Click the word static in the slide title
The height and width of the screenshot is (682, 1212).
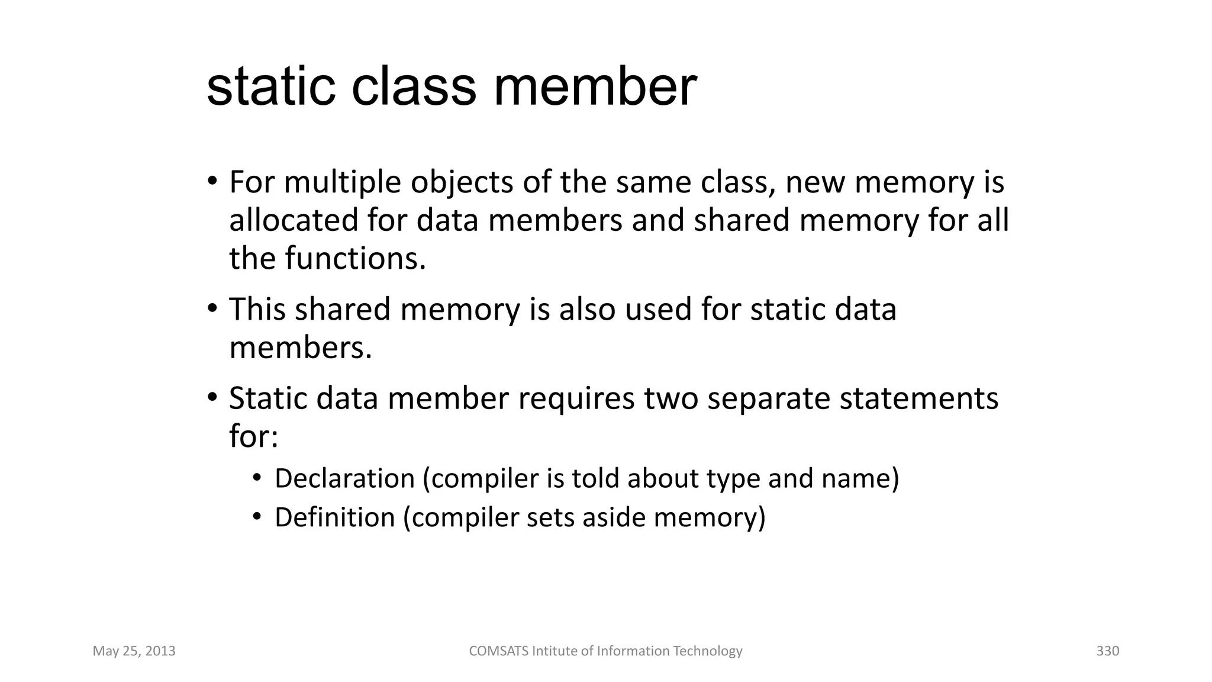[x=271, y=87]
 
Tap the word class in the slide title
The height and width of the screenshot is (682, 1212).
[x=414, y=87]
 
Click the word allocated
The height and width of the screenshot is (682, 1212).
[x=294, y=220]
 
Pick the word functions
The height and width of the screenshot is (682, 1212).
[x=355, y=258]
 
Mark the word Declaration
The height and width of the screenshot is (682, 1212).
[x=344, y=478]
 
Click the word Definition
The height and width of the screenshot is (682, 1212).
[x=334, y=517]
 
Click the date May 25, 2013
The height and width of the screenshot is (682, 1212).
[x=134, y=651]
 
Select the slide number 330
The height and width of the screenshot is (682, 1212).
[x=1108, y=651]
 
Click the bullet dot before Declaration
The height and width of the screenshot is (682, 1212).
[x=257, y=478]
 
